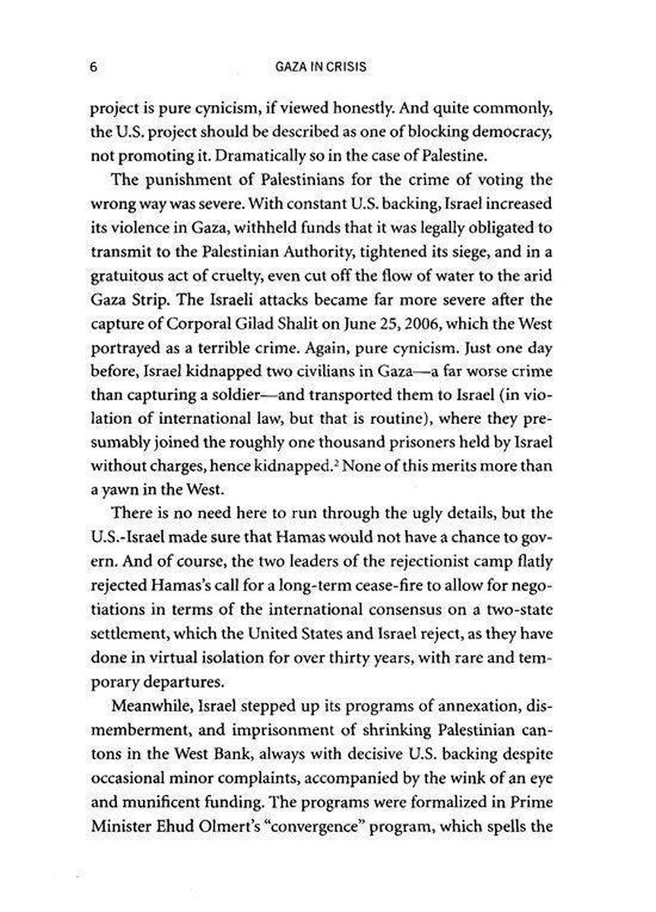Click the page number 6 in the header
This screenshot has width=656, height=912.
tap(92, 67)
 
